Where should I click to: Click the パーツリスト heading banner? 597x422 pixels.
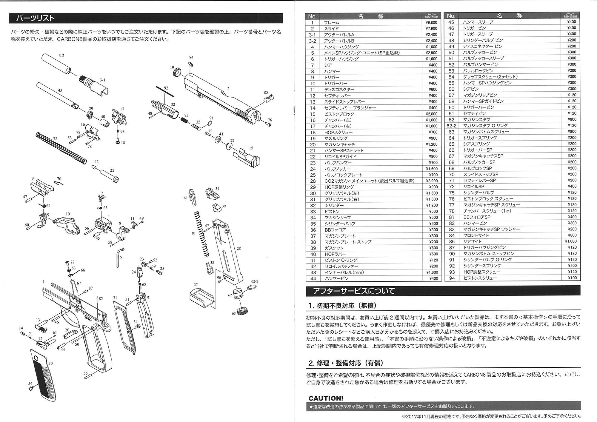tap(146, 18)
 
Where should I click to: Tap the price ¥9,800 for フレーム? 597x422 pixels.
tap(431, 22)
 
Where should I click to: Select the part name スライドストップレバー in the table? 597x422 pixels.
tap(344, 102)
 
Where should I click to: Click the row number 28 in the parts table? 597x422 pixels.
tap(313, 181)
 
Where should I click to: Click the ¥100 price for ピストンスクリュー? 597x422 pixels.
tap(572, 278)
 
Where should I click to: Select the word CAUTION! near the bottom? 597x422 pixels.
tap(326, 398)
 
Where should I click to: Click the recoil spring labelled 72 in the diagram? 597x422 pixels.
tap(61, 148)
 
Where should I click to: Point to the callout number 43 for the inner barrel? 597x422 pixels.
tap(60, 90)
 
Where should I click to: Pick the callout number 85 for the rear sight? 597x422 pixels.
tap(266, 93)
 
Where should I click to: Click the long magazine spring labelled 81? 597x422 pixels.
tap(201, 234)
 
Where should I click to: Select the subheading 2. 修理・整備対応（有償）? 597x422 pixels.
tap(346, 363)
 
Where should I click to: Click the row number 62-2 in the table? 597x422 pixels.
tap(451, 126)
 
